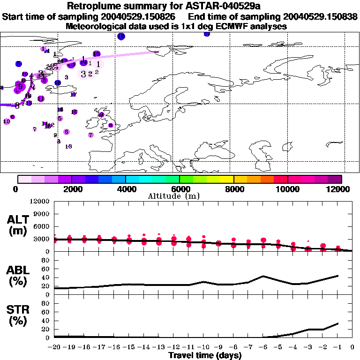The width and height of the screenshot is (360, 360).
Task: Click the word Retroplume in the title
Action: (91, 7)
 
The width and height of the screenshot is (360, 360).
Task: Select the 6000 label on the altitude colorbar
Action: (180, 189)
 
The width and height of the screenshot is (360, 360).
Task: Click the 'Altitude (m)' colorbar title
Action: (180, 196)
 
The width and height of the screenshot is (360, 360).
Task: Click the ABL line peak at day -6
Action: (263, 276)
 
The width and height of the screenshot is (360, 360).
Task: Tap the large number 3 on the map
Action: (83, 74)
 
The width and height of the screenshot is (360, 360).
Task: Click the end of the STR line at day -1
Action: (337, 323)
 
